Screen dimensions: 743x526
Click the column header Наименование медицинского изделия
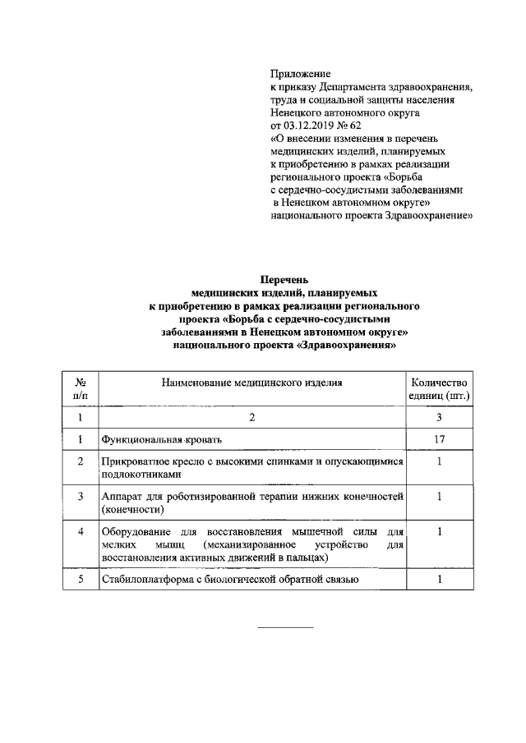[x=251, y=382]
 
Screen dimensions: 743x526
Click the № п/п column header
[x=81, y=388]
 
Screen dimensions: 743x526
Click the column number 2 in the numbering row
[x=251, y=418]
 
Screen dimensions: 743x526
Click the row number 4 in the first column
[x=81, y=532]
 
